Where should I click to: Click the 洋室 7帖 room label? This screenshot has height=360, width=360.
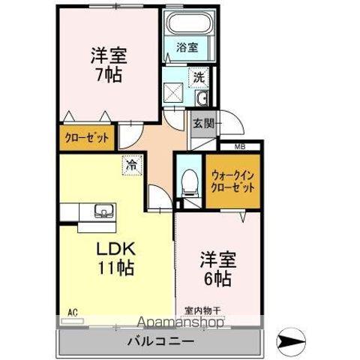[108, 65]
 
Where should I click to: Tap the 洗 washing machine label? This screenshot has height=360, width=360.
[198, 76]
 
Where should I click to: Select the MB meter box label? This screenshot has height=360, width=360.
[240, 147]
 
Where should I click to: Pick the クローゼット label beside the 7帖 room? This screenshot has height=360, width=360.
[85, 138]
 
